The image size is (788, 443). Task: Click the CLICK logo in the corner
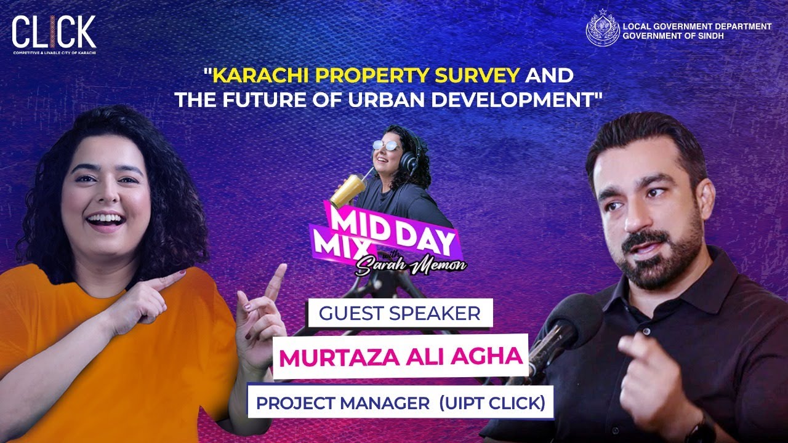[54, 34]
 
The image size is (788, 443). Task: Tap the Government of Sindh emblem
[603, 28]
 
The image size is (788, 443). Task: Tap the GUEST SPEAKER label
[400, 314]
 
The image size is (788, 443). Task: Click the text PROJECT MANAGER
[343, 404]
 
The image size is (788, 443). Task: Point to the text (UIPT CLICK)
[492, 404]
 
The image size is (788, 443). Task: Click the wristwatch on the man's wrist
[701, 428]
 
